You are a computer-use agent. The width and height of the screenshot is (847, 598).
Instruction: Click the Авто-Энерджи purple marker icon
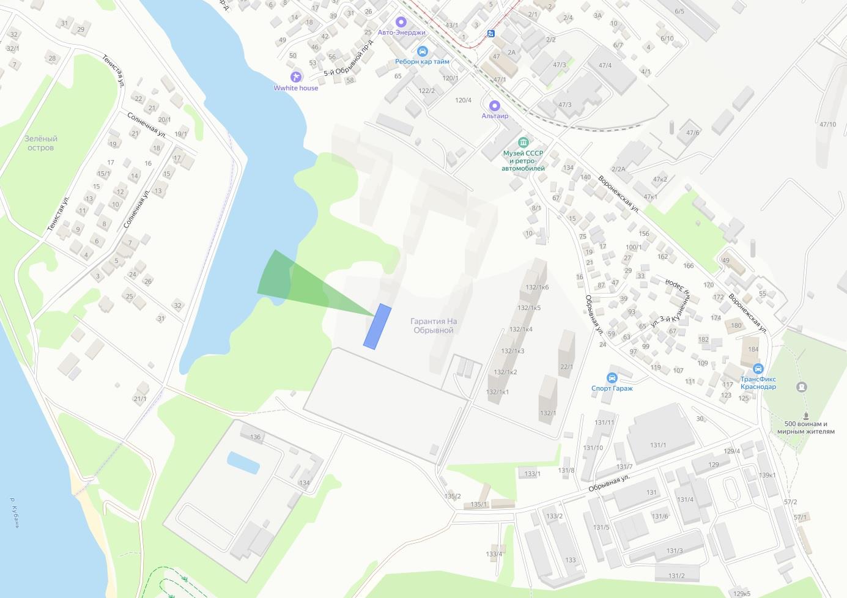402,23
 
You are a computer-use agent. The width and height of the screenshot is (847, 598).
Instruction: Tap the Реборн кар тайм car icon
421,51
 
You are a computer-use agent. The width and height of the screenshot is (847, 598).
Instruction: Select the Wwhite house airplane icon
297,77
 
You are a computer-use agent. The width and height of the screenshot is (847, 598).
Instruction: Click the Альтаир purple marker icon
495,106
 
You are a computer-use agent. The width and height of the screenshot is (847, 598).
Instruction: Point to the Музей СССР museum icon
523,142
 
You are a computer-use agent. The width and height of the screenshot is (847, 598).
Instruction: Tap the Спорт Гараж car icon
612,378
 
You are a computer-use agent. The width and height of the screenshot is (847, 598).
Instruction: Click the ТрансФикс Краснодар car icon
758,369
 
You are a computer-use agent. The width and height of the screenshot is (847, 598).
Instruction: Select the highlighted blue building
377,327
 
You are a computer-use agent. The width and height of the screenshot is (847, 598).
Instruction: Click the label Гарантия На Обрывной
434,326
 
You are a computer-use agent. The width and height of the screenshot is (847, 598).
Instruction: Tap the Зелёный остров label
40,143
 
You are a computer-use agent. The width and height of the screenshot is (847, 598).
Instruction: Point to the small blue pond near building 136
243,462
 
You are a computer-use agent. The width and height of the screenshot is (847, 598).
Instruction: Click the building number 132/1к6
537,287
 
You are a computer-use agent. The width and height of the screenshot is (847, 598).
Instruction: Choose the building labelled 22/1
566,367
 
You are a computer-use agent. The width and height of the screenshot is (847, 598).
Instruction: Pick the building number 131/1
658,445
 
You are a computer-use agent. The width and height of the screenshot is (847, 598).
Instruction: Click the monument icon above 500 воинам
802,387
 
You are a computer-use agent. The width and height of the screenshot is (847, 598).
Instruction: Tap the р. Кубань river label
14,512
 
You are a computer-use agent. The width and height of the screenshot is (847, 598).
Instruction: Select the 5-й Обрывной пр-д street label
348,59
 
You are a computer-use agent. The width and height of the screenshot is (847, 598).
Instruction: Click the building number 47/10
827,125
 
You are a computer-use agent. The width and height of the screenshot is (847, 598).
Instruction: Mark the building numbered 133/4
494,555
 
